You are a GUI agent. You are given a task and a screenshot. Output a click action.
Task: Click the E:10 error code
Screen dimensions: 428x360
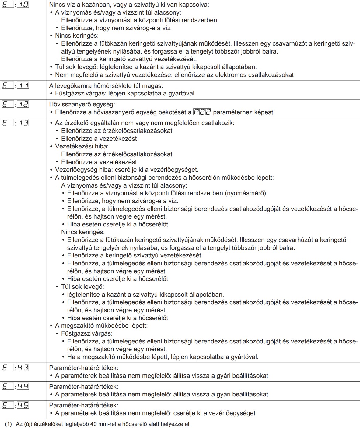tap(15, 5)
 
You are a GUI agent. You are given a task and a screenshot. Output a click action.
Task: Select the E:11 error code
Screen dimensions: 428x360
tap(15, 85)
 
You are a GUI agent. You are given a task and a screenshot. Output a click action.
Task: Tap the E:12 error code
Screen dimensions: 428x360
tap(15, 104)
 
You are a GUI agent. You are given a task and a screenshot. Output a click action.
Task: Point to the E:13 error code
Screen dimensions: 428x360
tap(15, 123)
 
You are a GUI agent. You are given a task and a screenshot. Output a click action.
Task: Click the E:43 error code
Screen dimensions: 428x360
tap(15, 368)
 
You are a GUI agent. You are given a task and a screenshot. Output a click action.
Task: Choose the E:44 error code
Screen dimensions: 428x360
tap(15, 386)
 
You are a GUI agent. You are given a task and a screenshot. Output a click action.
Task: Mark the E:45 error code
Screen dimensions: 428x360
tap(15, 405)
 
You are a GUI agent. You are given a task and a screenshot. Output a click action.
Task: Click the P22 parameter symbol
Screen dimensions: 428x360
tap(202, 112)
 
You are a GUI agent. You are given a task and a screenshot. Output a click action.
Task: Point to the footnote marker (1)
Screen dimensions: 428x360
tap(8, 424)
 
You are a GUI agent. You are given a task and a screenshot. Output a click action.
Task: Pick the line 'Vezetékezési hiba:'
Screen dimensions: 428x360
tap(82, 146)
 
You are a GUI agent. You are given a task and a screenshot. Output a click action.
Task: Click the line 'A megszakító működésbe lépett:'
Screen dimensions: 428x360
tap(101, 326)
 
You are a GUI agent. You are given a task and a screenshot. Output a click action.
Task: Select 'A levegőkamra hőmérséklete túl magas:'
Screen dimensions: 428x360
tap(106, 86)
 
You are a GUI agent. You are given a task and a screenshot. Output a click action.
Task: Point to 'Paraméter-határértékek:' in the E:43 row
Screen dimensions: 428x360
tap(84, 368)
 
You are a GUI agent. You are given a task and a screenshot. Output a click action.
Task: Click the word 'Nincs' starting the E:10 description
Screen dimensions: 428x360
tap(57, 5)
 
